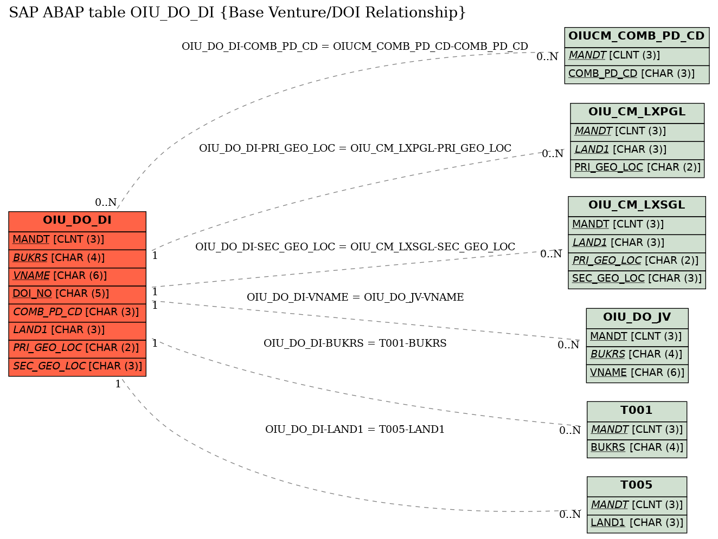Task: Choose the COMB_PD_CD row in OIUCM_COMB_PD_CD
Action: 637,74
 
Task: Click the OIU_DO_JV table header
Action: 637,318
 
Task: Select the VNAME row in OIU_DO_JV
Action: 637,373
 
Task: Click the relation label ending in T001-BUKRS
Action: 355,343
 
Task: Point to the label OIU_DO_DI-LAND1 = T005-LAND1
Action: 355,429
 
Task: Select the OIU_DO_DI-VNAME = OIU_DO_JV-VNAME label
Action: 355,297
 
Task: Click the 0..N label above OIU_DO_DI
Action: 106,202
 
